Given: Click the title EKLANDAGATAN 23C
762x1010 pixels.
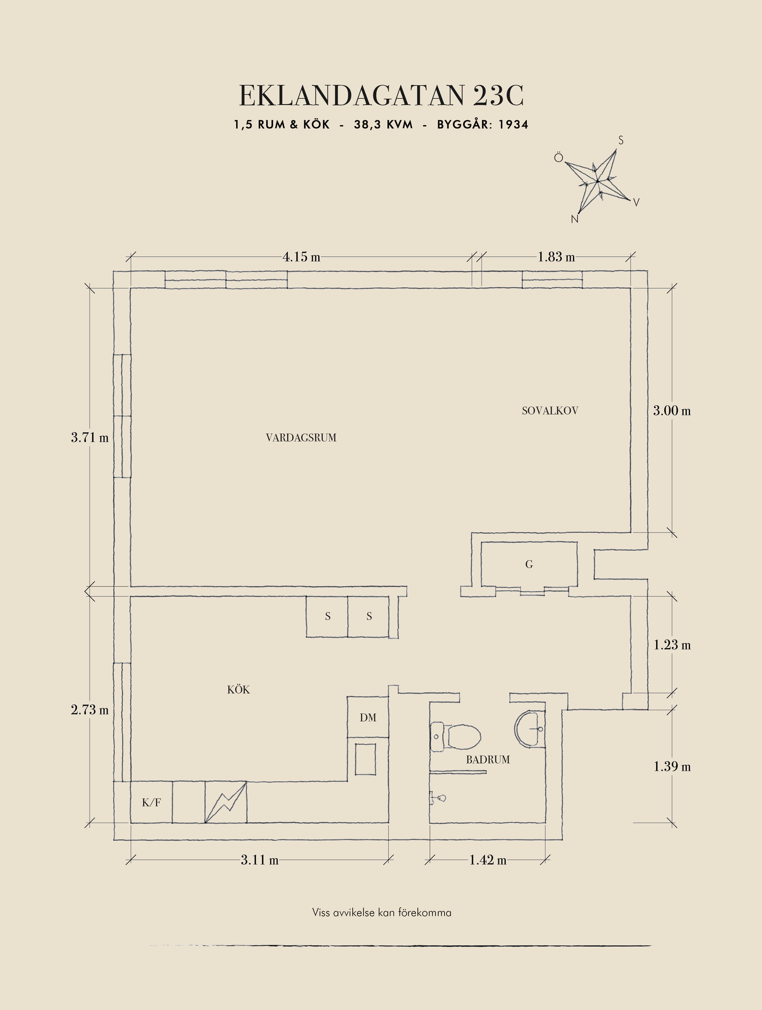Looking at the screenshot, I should [x=382, y=96].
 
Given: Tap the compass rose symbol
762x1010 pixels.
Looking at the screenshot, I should [x=598, y=181].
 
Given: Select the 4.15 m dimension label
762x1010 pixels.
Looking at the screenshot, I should [x=301, y=257].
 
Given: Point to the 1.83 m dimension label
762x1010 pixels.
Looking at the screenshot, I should [x=556, y=257].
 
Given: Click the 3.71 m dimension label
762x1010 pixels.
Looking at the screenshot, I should [x=90, y=437].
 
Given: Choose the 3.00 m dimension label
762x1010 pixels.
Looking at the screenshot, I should [x=671, y=411].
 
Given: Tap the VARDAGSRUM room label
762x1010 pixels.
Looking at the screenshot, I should [x=301, y=438].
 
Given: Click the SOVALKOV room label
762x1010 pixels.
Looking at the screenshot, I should [x=550, y=411].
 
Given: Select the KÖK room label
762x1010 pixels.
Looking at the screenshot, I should [x=238, y=690].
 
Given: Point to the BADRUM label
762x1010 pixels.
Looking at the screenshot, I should [x=488, y=760].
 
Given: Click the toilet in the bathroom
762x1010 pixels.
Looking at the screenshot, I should [x=457, y=736].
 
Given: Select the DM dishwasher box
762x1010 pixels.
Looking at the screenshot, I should [x=368, y=718].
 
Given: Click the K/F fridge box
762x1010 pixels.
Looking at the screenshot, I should [x=152, y=803].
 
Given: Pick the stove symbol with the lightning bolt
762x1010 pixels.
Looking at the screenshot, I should [x=226, y=802].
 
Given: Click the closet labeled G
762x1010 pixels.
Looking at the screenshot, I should [x=529, y=564].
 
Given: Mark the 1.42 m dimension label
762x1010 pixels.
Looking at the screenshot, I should [x=488, y=860].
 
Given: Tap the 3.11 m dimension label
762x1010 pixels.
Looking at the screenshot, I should [x=259, y=860].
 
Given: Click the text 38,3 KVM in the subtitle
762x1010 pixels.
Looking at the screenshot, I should [x=383, y=125].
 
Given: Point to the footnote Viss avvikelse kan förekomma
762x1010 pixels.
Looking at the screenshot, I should [x=382, y=913].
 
